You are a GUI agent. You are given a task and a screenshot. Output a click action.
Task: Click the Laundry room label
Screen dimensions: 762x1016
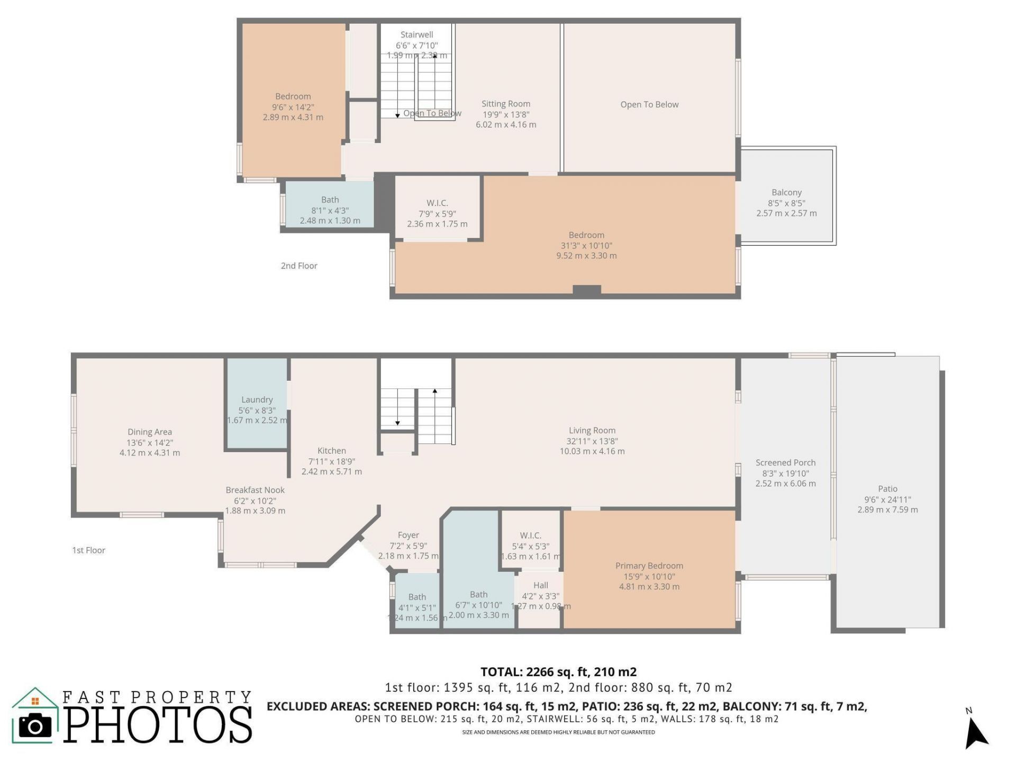click(257, 400)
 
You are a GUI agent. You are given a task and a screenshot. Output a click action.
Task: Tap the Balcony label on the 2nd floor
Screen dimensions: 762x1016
click(786, 193)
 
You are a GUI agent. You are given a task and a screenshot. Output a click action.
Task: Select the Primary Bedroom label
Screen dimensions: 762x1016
click(649, 566)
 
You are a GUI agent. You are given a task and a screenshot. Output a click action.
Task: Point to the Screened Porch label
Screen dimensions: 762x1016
click(785, 462)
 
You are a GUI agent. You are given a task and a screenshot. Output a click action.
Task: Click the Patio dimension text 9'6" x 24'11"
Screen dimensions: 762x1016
click(887, 500)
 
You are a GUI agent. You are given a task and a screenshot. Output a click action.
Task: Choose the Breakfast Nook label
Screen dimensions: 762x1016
click(255, 490)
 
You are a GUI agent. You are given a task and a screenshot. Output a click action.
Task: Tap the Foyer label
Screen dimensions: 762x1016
click(408, 535)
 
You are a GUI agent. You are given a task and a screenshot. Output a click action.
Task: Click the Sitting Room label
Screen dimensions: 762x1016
click(505, 104)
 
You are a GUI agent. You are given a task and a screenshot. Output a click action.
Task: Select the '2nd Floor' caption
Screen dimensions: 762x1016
click(299, 266)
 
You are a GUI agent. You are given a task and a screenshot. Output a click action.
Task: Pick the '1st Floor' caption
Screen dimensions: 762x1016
click(88, 550)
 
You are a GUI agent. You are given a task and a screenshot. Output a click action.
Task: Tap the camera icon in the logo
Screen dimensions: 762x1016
click(35, 725)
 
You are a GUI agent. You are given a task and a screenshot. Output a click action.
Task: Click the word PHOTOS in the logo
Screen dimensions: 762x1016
click(158, 724)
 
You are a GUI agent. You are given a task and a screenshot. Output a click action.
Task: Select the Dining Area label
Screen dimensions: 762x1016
click(149, 432)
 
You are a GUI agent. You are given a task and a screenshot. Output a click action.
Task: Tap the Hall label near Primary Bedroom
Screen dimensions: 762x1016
click(540, 585)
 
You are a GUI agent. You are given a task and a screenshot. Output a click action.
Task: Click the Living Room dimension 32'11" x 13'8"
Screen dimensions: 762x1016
click(592, 441)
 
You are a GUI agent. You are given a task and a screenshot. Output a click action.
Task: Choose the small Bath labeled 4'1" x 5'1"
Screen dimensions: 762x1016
click(417, 597)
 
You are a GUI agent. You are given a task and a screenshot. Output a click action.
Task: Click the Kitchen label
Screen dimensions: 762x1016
click(331, 451)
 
